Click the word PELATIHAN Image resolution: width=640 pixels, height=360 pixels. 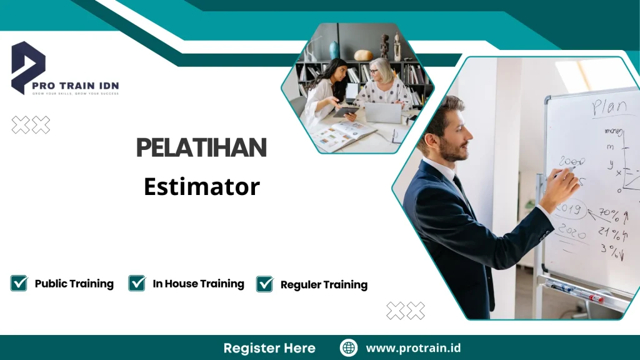pos(201,148)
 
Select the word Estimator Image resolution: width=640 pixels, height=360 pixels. pos(201,186)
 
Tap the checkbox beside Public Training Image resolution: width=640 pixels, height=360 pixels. pos(19,283)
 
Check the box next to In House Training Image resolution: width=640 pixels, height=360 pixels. pos(137,283)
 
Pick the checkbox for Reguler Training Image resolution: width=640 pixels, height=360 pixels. pos(265,284)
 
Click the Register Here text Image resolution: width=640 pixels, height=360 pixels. pos(269,348)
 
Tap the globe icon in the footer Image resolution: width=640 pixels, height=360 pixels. pos(349,348)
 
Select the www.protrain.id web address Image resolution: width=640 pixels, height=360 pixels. pos(413,348)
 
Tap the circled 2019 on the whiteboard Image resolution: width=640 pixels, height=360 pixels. pos(571,207)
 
